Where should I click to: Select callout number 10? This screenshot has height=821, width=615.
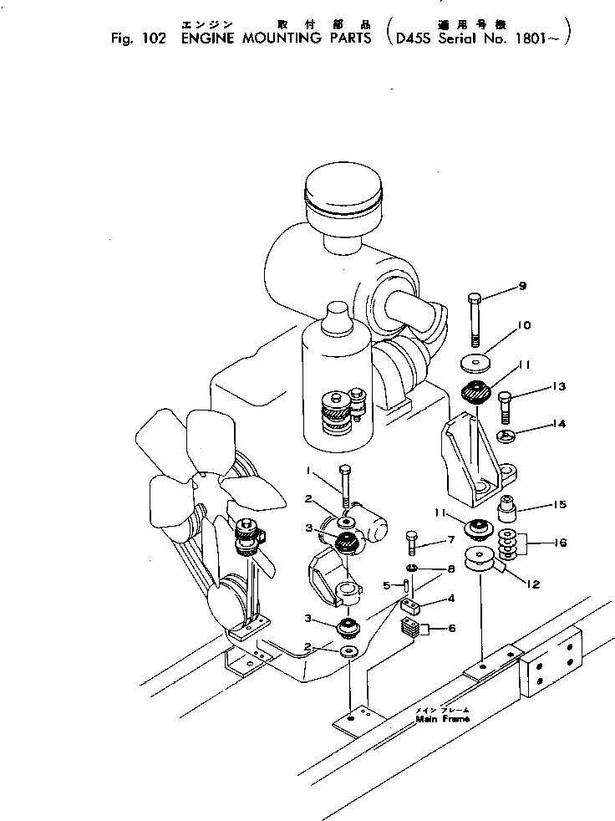(524, 325)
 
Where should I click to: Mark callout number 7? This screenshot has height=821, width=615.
(450, 540)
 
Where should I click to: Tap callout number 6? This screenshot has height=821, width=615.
(451, 628)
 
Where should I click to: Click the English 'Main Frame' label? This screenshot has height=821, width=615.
(442, 718)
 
